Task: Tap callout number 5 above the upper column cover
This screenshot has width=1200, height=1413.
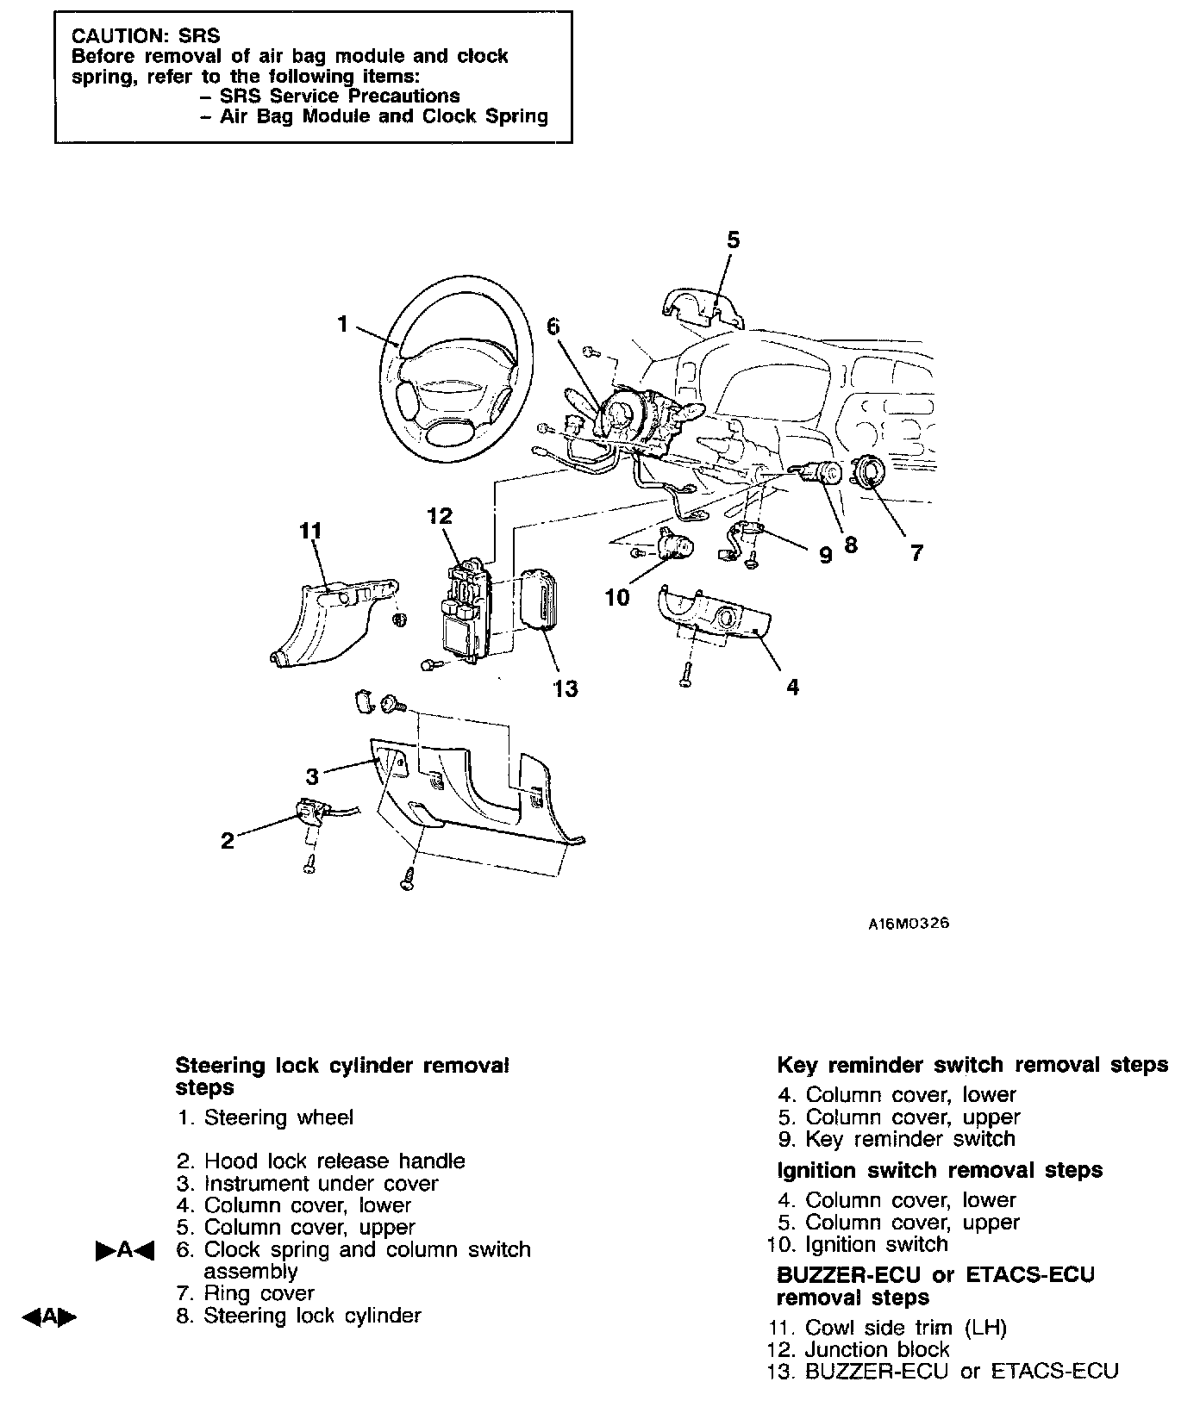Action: [733, 240]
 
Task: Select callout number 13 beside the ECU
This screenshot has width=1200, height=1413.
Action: [566, 688]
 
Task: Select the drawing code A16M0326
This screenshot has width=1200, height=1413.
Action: [908, 923]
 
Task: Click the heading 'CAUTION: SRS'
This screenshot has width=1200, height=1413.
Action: [146, 36]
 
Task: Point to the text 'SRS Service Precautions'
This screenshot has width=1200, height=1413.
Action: [340, 96]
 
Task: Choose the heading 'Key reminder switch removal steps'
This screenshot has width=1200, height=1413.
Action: [972, 1065]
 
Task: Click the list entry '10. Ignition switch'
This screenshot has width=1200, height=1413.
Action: [857, 1244]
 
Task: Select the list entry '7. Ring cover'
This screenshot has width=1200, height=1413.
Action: [246, 1293]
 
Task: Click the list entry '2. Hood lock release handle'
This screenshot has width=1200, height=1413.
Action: [321, 1161]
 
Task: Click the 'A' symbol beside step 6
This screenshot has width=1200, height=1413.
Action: [124, 1250]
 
